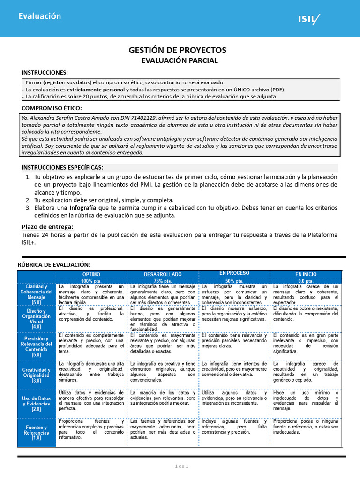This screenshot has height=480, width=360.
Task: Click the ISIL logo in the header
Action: pyautogui.click(x=309, y=19)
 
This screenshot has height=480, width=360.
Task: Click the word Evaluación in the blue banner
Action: pyautogui.click(x=40, y=16)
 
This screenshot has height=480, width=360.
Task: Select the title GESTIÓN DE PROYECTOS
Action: pyautogui.click(x=178, y=50)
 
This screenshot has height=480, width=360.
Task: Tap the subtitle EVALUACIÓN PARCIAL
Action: pyautogui.click(x=180, y=60)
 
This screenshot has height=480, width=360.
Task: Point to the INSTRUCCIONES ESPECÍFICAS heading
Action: pyautogui.click(x=63, y=167)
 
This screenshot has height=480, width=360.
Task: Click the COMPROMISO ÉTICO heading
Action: pyautogui.click(x=52, y=108)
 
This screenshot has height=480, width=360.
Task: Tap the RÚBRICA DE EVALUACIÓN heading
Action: pyautogui.click(x=54, y=265)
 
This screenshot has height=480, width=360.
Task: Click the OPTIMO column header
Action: pyautogui.click(x=91, y=274)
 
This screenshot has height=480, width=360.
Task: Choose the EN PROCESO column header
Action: pyautogui.click(x=234, y=273)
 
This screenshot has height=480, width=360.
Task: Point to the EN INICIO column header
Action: pyautogui.click(x=306, y=274)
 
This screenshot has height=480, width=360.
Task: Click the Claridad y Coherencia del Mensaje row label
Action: pyautogui.click(x=37, y=294)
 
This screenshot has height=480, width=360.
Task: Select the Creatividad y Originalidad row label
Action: pyautogui.click(x=37, y=375)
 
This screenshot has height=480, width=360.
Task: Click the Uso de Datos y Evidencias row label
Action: pyautogui.click(x=37, y=404)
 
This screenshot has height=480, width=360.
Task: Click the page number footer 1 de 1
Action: pyautogui.click(x=181, y=466)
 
